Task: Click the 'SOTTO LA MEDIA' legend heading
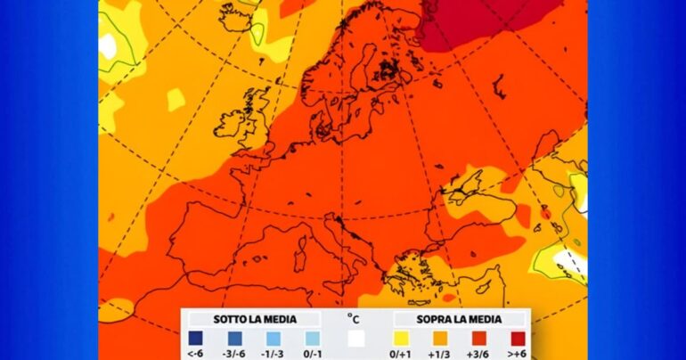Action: pos(253,319)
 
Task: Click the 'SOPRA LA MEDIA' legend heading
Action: pos(459,319)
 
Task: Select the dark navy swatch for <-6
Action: pos(195,339)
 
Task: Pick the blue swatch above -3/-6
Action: pos(233,339)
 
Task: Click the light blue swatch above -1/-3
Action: pos(272,339)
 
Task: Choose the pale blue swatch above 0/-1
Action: pos(311,339)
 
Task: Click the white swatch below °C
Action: pos(356,339)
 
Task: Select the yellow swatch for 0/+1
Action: pos(402,339)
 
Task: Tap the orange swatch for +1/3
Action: pos(441,339)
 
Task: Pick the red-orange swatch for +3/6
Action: pos(479,339)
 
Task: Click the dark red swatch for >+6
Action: pos(518,339)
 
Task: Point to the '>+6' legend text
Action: pos(518,354)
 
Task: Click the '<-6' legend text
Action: pos(195,354)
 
